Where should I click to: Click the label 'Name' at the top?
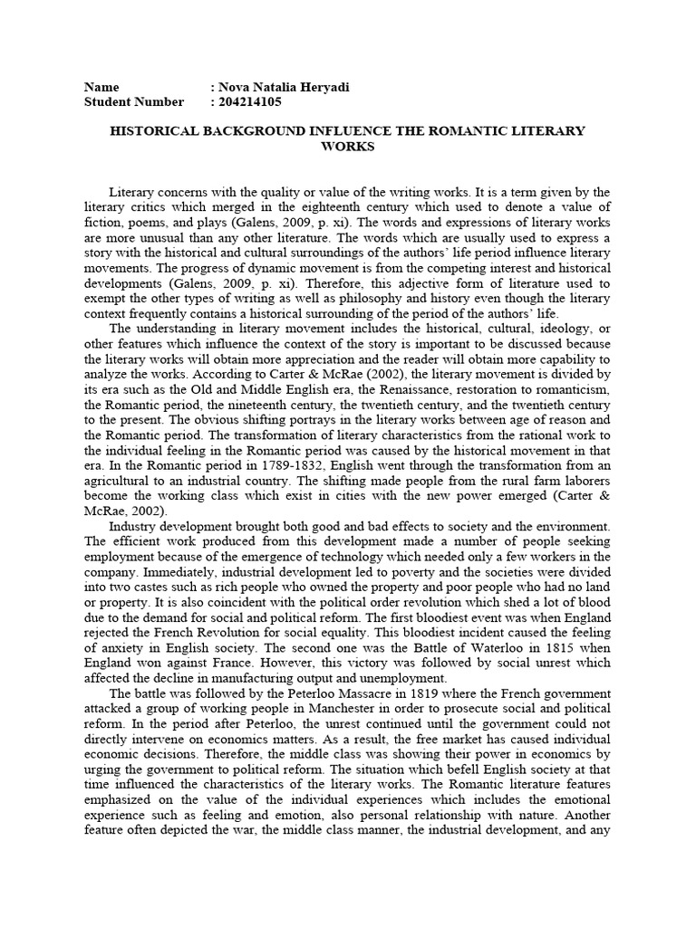[x=101, y=88]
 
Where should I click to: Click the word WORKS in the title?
[x=348, y=146]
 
